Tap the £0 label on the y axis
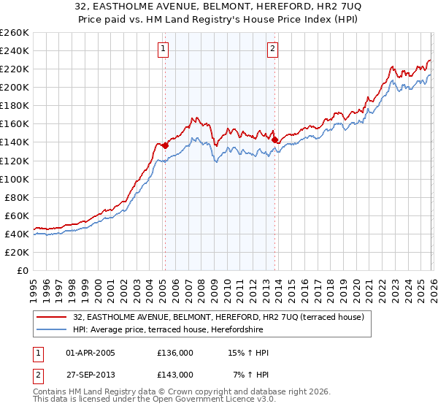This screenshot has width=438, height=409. [x=23, y=270]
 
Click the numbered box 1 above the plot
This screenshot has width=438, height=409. [x=163, y=49]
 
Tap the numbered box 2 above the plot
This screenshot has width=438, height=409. [x=272, y=49]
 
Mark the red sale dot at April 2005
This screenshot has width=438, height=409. [x=165, y=145]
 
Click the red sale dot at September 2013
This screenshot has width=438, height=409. [x=274, y=139]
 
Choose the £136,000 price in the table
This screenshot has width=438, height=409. [x=175, y=353]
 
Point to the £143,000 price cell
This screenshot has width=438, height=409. [x=175, y=374]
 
